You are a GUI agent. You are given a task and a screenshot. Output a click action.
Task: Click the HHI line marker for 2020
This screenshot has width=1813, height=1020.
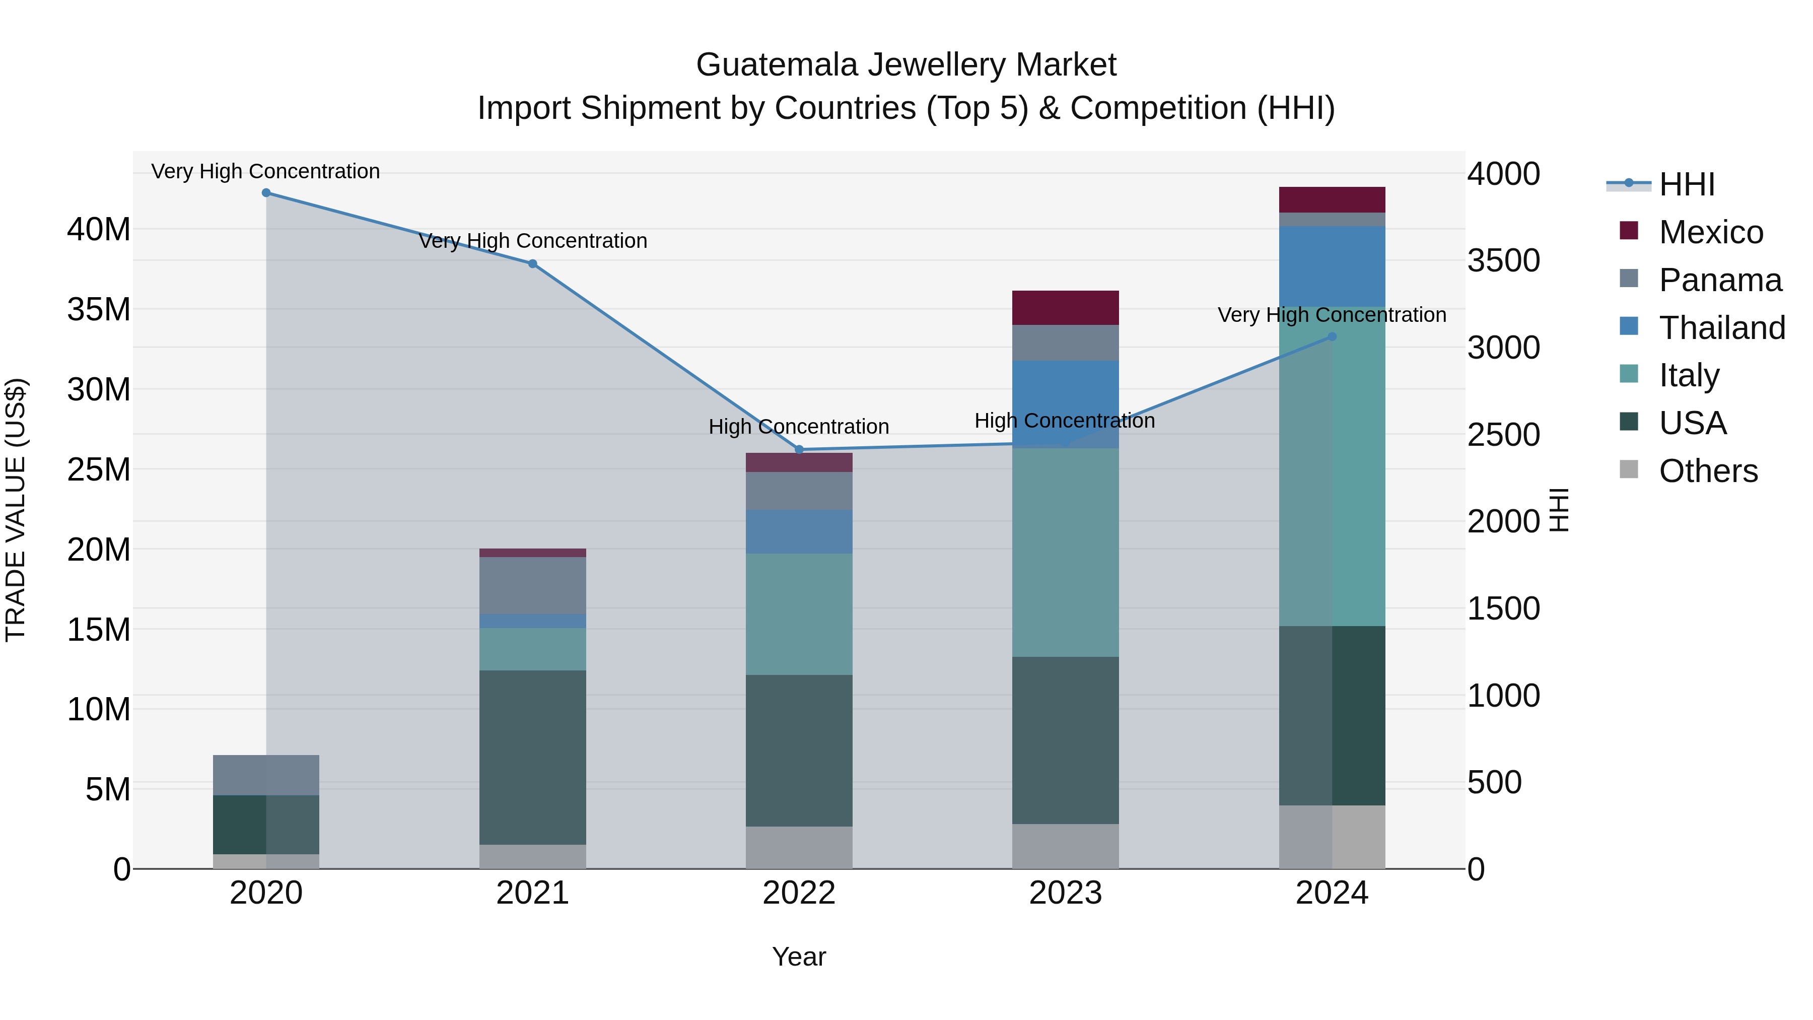click(266, 193)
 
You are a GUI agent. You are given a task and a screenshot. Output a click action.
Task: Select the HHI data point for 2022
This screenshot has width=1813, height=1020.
click(799, 450)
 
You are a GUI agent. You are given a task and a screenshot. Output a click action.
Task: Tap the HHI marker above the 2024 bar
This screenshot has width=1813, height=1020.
click(1332, 337)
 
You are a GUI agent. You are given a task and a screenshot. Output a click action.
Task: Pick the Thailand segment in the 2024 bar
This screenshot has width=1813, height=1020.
click(1332, 266)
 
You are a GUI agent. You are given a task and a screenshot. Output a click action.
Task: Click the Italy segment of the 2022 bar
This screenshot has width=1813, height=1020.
click(799, 614)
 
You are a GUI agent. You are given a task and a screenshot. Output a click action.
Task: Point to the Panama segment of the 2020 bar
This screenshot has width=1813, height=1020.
click(266, 775)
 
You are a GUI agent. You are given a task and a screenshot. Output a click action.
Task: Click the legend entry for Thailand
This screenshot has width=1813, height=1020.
click(1721, 328)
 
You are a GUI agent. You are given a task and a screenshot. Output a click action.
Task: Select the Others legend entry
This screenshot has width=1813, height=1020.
click(1707, 471)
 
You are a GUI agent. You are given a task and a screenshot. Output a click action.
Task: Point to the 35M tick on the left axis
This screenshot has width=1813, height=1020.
click(99, 309)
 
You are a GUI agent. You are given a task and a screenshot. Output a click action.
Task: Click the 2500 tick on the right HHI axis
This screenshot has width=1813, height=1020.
click(1503, 434)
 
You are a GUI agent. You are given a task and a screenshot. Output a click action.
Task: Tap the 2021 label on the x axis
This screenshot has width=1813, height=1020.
click(532, 893)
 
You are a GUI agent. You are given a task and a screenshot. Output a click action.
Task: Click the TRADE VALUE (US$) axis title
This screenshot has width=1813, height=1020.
click(16, 510)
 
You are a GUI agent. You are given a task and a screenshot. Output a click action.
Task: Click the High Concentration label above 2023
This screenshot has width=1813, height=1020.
click(1064, 421)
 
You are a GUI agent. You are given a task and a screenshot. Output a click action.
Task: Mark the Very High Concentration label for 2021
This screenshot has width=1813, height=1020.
click(533, 241)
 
